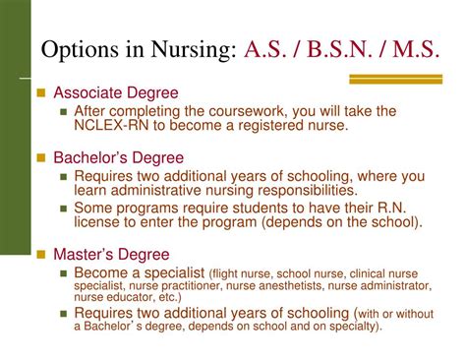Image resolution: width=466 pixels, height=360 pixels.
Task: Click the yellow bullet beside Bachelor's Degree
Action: click(41, 157)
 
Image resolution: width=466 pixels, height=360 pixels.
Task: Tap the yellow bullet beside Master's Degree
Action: click(41, 252)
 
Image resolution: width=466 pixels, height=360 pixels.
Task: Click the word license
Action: click(101, 222)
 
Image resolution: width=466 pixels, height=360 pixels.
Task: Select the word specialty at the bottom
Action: click(351, 326)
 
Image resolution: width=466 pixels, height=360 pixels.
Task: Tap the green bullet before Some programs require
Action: click(64, 207)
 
